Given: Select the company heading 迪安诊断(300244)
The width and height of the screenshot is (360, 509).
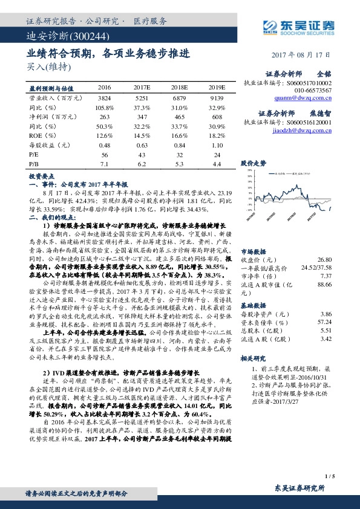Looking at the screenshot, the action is point(57,37).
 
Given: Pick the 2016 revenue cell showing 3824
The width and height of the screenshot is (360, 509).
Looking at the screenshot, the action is point(105,97).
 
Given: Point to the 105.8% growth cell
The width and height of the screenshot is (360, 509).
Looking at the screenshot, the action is point(105,106).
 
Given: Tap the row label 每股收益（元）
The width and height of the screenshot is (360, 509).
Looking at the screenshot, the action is point(47,145).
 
